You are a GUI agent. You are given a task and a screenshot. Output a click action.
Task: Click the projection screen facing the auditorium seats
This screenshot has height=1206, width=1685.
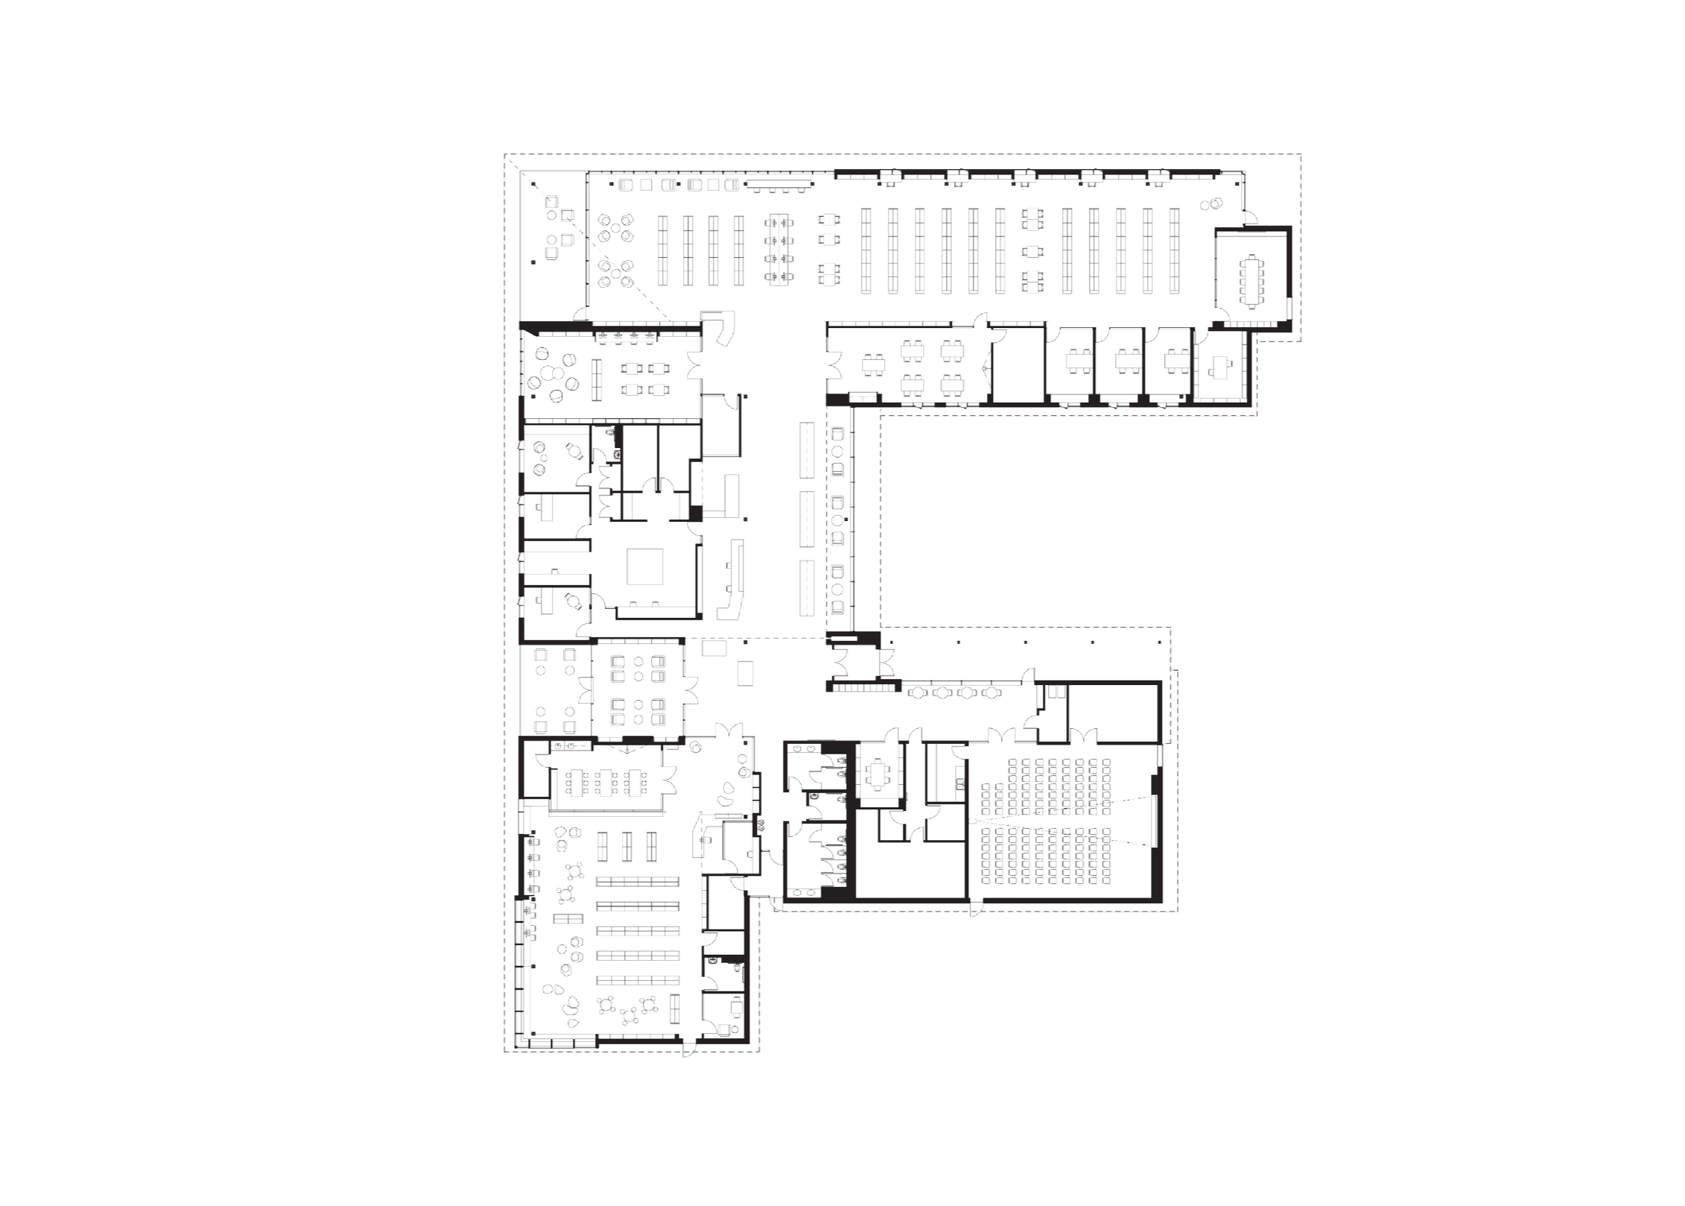click(x=1151, y=821)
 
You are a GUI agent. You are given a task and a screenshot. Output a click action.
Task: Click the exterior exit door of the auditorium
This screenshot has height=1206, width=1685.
click(x=976, y=909)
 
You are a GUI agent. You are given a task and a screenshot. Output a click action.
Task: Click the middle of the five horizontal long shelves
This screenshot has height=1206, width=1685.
click(x=638, y=930)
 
